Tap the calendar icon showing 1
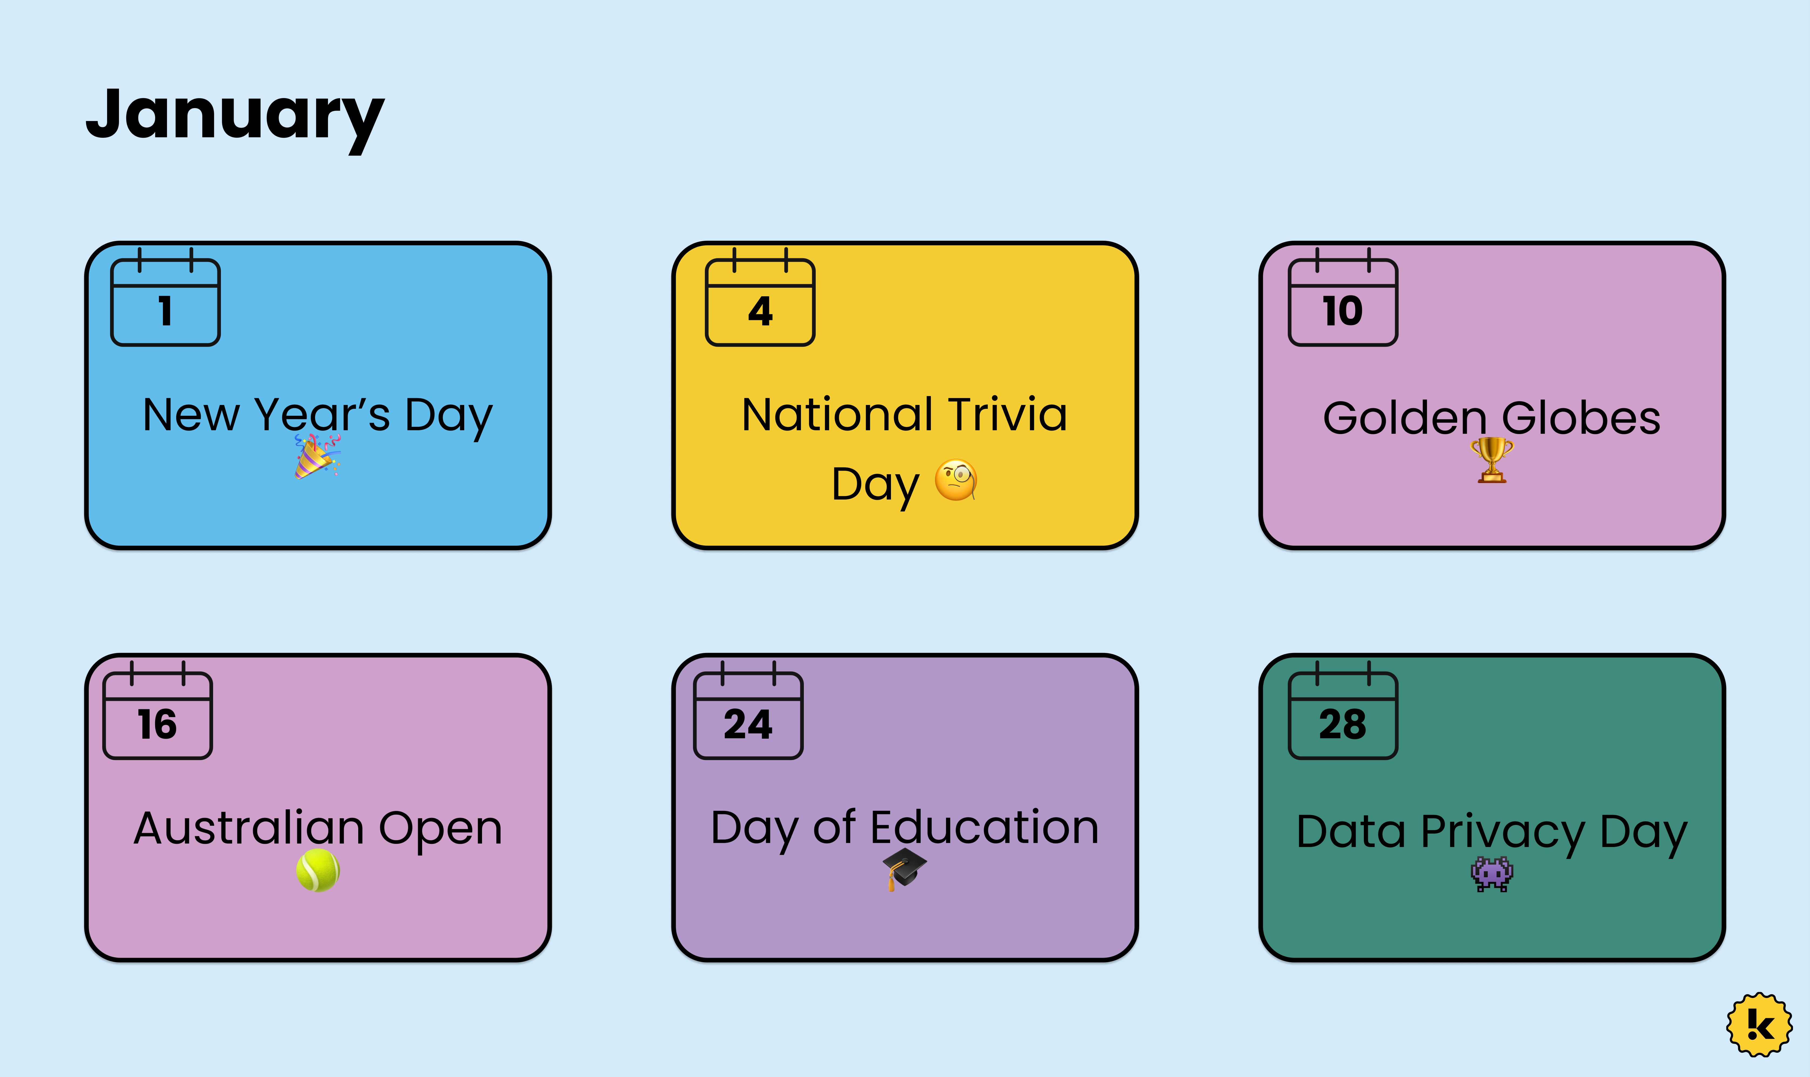[166, 297]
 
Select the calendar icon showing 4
[760, 297]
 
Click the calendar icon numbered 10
[1343, 297]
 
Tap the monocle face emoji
[956, 480]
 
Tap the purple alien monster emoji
[1492, 874]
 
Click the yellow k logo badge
[1759, 1025]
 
